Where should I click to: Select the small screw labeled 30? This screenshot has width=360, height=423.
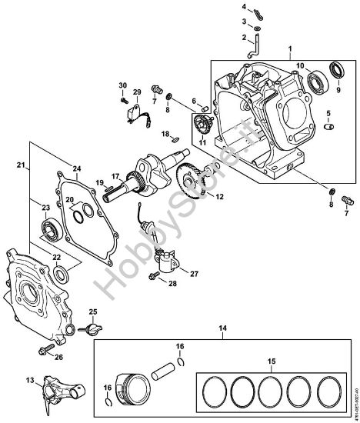(x=123, y=98)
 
